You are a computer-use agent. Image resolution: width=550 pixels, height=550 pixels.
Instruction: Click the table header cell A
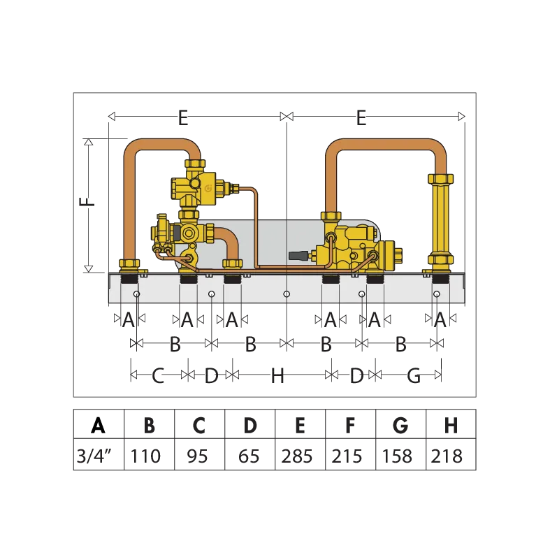[98, 425]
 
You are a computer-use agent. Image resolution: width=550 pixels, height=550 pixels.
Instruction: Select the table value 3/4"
[94, 456]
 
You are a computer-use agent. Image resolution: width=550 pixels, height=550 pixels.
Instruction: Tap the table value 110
[145, 456]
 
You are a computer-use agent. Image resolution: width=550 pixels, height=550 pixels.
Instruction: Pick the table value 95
[198, 456]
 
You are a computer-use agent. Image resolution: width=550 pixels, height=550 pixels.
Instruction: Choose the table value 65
[249, 456]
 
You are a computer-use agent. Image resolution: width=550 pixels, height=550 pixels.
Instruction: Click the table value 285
[297, 456]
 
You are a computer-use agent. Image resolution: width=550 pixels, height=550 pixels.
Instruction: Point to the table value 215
[347, 456]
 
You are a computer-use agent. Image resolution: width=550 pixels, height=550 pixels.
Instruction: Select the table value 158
[397, 456]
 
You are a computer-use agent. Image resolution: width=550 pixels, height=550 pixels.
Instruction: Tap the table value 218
[447, 456]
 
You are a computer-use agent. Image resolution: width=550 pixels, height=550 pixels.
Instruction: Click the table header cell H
[451, 425]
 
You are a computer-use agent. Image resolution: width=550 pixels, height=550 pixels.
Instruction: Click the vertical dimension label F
[87, 202]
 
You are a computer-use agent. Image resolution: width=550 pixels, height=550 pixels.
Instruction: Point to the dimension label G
[414, 376]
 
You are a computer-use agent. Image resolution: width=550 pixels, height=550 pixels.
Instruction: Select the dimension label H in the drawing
[277, 376]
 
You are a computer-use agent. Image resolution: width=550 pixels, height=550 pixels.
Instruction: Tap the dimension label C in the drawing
[158, 376]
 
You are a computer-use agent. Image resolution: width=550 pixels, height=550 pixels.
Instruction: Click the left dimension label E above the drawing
[183, 117]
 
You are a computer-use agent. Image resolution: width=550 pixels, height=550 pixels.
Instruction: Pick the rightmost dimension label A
[440, 319]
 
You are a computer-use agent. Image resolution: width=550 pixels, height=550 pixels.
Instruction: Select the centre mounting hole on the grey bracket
[287, 294]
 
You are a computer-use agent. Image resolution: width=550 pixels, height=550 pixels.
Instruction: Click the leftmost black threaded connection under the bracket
[129, 279]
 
